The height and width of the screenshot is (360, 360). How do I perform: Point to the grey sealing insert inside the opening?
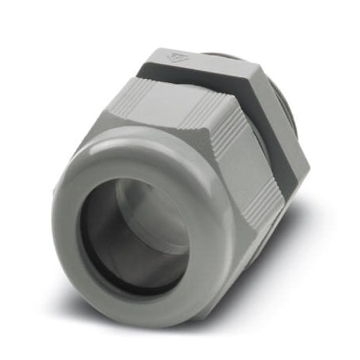pyautogui.click(x=152, y=216)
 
